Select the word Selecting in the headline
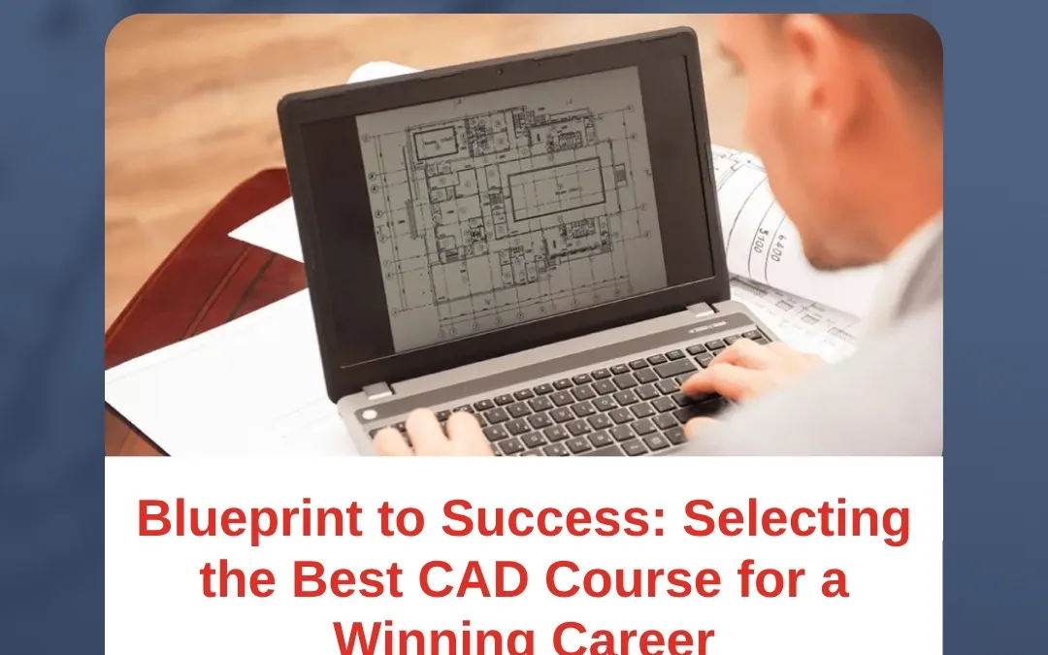point(798,519)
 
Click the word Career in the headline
point(632,636)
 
